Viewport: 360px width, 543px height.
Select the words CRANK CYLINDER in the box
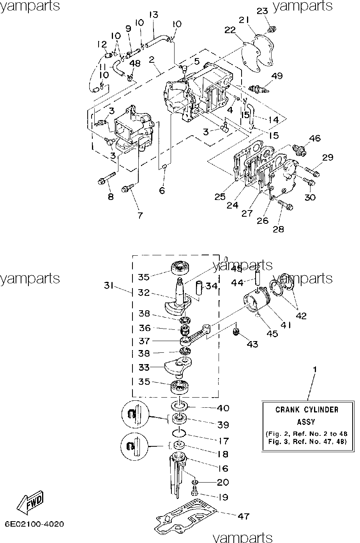(307, 410)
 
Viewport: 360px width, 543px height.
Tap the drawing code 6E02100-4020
(34, 524)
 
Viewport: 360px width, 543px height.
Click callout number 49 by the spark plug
(277, 76)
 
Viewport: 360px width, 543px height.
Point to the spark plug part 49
(259, 89)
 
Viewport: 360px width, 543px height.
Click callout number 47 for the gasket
(243, 516)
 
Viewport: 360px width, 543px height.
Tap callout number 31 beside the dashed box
(109, 286)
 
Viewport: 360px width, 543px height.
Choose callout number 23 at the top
(262, 11)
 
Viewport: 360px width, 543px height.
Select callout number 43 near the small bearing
(252, 344)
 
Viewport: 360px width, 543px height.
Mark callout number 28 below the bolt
(278, 229)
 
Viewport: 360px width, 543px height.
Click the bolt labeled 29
(312, 172)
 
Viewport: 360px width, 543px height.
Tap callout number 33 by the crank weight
(144, 367)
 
